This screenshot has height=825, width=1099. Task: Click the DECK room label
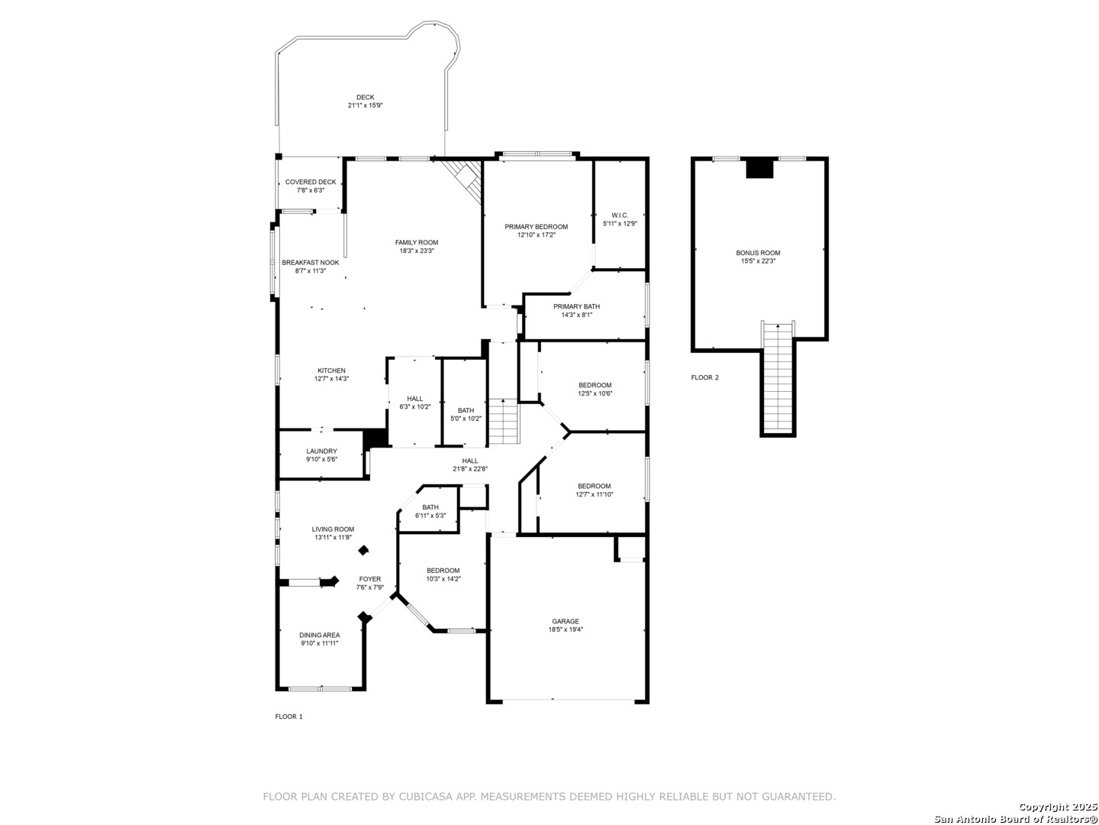coord(365,97)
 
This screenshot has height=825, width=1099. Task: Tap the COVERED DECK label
coord(311,182)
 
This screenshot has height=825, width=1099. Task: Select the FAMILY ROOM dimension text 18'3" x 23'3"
coord(416,251)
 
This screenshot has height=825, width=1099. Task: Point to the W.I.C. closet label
coord(620,215)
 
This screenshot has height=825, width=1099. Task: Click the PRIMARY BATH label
coord(576,306)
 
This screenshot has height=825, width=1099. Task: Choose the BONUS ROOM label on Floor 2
coord(758,253)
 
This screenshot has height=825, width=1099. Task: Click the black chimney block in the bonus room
coord(759,168)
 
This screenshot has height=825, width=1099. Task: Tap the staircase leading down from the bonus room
coord(778,378)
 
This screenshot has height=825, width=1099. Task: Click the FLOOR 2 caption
coord(704,377)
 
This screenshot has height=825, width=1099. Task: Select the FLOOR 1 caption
coord(288,717)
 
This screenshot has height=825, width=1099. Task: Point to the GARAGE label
coord(566,622)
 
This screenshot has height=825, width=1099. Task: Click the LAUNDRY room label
coord(321,451)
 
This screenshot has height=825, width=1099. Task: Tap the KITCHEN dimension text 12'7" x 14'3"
coord(331,379)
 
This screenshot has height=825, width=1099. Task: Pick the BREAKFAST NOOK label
coord(311,263)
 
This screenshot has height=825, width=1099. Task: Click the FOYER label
coord(369,579)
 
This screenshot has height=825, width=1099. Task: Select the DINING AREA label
coord(320,635)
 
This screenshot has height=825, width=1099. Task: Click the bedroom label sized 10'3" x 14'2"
coord(443,571)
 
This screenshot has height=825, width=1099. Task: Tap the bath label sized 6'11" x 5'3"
coord(430,507)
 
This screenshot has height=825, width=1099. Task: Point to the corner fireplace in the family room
coord(463,180)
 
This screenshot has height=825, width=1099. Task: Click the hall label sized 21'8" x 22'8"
coord(469,461)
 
